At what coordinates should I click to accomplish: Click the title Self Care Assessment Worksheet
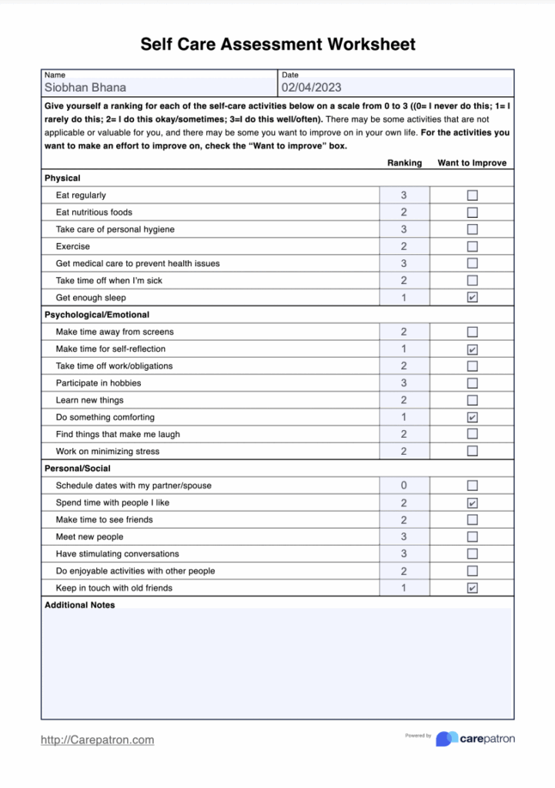(x=277, y=45)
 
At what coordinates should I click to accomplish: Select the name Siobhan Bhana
(x=85, y=88)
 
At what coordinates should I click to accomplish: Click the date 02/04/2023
(x=311, y=88)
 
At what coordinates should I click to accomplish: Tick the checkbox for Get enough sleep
(x=473, y=298)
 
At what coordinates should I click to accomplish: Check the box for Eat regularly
(x=473, y=195)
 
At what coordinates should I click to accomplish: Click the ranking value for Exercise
(x=404, y=246)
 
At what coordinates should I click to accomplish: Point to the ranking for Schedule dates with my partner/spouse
(x=404, y=486)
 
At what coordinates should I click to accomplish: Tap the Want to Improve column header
(x=472, y=163)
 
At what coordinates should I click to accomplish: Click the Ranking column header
(x=404, y=163)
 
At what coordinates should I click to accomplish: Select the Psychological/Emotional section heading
(x=97, y=315)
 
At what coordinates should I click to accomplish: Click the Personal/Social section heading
(x=77, y=469)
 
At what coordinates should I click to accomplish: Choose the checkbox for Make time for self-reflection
(x=473, y=349)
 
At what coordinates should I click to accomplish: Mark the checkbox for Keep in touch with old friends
(x=473, y=588)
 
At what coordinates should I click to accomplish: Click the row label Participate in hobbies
(x=99, y=383)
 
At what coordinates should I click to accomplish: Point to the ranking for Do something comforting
(x=404, y=417)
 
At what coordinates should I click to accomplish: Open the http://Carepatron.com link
(x=97, y=740)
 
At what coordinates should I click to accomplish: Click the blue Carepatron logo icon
(x=446, y=739)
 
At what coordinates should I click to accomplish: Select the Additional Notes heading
(x=79, y=605)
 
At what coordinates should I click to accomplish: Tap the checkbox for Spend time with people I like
(x=473, y=503)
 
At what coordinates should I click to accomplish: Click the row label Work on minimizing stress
(x=108, y=452)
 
